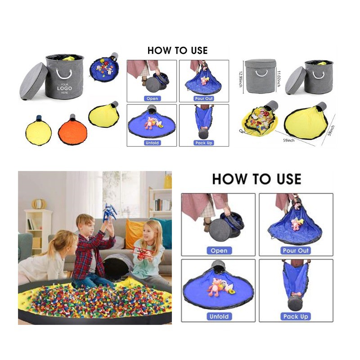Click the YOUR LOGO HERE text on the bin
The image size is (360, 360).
(x=64, y=88)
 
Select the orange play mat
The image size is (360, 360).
(x=72, y=131)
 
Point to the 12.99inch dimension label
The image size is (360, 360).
(x=240, y=79)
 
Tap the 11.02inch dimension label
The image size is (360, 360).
(x=279, y=78)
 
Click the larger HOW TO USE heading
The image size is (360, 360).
(x=256, y=179)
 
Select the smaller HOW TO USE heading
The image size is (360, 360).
(x=177, y=50)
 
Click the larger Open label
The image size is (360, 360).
(x=219, y=251)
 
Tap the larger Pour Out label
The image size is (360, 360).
(x=296, y=251)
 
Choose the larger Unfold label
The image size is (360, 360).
(x=219, y=317)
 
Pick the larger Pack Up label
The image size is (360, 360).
(x=296, y=317)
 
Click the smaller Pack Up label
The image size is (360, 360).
(x=204, y=143)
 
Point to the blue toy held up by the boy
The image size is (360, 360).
(x=109, y=213)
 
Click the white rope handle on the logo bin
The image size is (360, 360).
(x=64, y=74)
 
